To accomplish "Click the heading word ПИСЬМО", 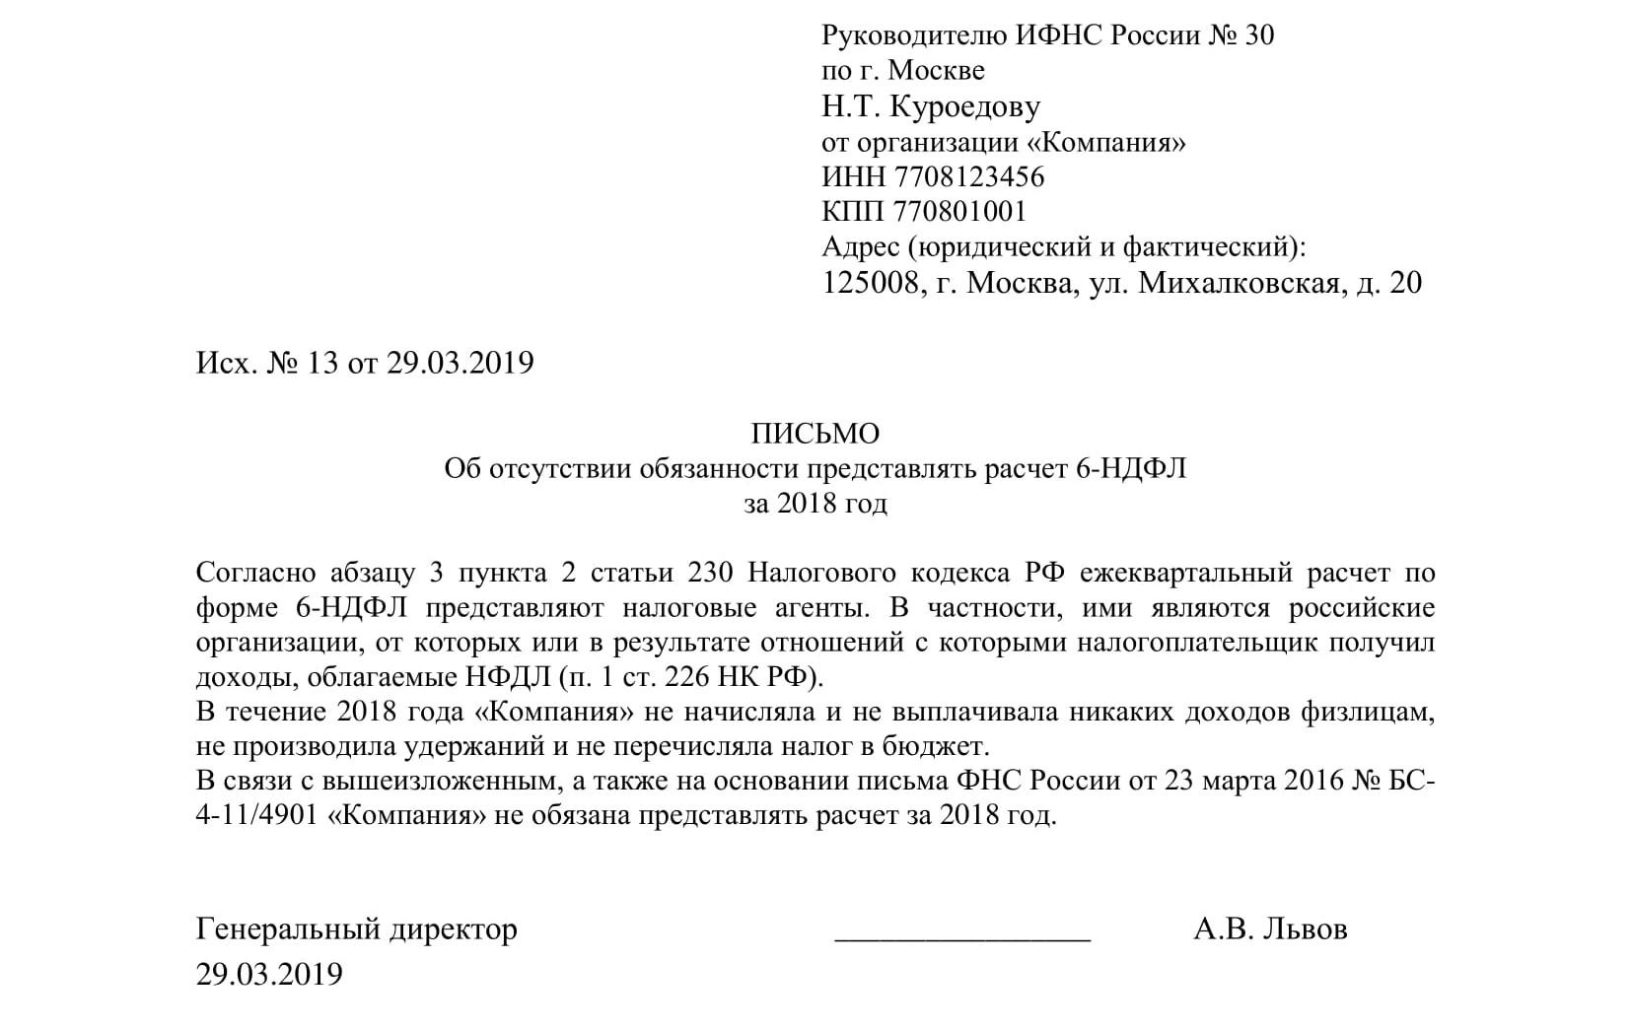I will click(x=815, y=434).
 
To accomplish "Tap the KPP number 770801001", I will click(x=959, y=212).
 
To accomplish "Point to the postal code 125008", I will click(x=871, y=284).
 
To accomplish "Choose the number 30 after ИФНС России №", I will click(x=1260, y=35).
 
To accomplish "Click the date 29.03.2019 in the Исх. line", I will click(x=460, y=363).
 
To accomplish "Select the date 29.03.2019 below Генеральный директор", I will click(x=269, y=975).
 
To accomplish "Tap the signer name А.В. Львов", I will click(x=1270, y=928).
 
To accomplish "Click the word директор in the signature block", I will click(x=453, y=929).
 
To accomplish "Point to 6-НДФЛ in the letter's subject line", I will click(x=1127, y=469).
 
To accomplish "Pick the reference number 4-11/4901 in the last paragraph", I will click(x=257, y=817).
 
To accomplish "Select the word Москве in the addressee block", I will click(x=936, y=71).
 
